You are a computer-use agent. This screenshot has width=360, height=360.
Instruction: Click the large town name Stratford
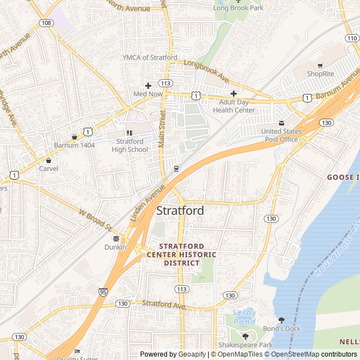coord(180,211)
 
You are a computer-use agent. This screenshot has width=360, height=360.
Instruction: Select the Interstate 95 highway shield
coord(103,292)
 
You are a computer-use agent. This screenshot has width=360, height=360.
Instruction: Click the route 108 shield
coord(46,22)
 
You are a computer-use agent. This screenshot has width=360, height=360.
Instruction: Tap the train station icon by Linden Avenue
coord(177,168)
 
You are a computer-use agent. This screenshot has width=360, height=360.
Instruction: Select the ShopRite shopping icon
coord(320,66)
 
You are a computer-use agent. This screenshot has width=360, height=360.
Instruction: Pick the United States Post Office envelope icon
coord(281,123)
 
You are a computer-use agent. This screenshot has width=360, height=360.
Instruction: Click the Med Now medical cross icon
coord(148,85)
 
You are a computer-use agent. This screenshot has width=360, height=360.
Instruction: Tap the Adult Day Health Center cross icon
coord(233,93)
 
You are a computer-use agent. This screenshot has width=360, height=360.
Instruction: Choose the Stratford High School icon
coord(129,133)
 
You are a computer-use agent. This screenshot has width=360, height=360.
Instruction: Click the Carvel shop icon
coord(48,160)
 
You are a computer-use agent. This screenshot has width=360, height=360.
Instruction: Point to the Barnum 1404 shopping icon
coord(74,137)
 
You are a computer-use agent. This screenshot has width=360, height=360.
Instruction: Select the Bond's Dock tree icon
coord(281,320)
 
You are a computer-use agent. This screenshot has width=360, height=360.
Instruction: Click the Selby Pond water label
coord(244,317)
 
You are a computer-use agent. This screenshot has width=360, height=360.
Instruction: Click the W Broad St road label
coord(95,220)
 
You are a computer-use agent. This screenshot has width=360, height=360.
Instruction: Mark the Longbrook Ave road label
coord(206,70)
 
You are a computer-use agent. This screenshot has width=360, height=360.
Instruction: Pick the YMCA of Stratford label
coord(150,57)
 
